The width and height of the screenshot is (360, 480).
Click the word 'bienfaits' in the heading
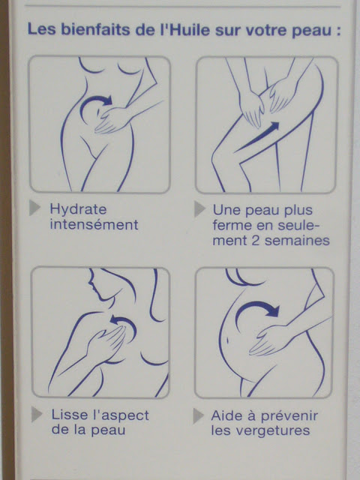click(x=95, y=30)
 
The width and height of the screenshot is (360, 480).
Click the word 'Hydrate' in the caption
click(x=78, y=211)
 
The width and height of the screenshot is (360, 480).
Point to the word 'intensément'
click(x=94, y=225)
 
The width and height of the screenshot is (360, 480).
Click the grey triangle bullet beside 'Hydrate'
click(x=34, y=208)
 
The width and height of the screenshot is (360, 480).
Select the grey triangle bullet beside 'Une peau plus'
click(x=199, y=209)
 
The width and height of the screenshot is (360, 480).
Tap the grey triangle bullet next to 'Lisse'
click(x=36, y=415)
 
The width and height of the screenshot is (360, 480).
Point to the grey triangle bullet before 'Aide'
click(x=198, y=416)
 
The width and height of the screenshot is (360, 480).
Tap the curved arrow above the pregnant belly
click(x=257, y=304)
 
